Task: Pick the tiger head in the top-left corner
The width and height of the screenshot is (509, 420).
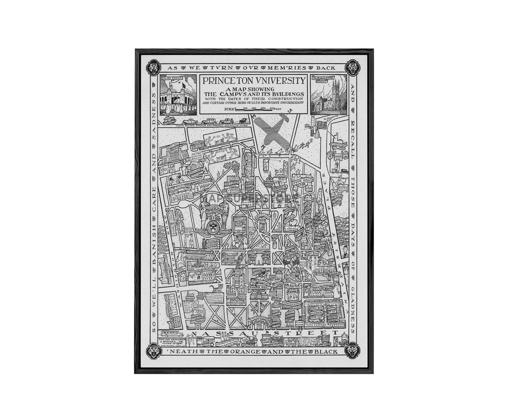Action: pos(154,68)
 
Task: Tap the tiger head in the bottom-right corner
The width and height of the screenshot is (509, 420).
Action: pos(352,350)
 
